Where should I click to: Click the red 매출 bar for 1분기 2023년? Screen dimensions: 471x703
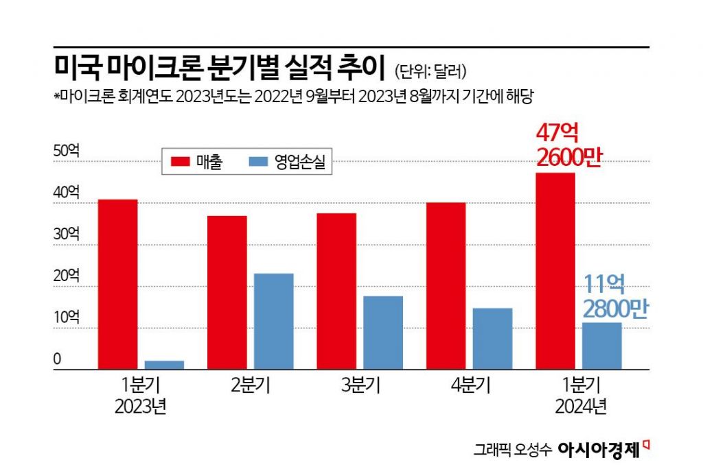coord(117,285)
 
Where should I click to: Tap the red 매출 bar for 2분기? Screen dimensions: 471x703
coord(227,293)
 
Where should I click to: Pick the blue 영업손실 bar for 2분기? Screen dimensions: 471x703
coord(273,322)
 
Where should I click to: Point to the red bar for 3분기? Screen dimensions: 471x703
coord(336,291)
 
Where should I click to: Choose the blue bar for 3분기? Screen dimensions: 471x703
coord(382,333)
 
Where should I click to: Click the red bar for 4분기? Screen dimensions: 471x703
coord(446,286)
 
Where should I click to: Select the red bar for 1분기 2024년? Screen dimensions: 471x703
coord(555,271)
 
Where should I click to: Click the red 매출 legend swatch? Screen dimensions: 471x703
coord(180,162)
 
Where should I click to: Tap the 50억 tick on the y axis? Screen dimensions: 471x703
coord(67,152)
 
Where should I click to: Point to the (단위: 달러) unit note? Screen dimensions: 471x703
coord(431,70)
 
